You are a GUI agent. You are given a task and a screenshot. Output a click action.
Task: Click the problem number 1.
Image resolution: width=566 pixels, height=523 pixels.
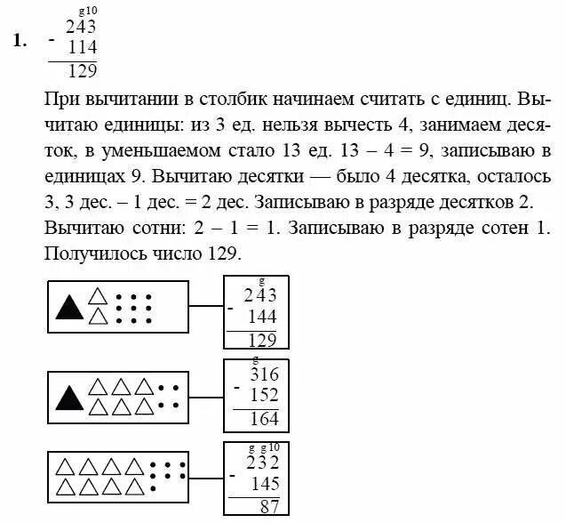pyautogui.click(x=18, y=40)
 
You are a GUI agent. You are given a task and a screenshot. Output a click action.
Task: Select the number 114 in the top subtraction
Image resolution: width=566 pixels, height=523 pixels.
pyautogui.click(x=82, y=48)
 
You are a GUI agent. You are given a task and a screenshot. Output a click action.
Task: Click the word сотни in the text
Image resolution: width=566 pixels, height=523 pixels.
pyautogui.click(x=147, y=229)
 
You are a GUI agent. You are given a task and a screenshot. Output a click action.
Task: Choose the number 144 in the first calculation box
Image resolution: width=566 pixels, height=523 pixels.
pyautogui.click(x=262, y=317)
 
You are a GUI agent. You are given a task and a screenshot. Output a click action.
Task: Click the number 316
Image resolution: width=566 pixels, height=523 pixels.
pyautogui.click(x=264, y=374)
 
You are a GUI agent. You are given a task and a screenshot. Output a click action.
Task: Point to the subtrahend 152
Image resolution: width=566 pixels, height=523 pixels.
pyautogui.click(x=264, y=395)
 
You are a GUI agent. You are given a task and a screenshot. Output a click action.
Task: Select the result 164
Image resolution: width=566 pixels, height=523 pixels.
pyautogui.click(x=264, y=418)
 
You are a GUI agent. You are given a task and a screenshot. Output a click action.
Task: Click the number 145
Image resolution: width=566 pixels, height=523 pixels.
pyautogui.click(x=264, y=485)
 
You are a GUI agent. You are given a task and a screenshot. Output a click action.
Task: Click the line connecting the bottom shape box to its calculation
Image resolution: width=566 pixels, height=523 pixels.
pyautogui.click(x=206, y=481)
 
